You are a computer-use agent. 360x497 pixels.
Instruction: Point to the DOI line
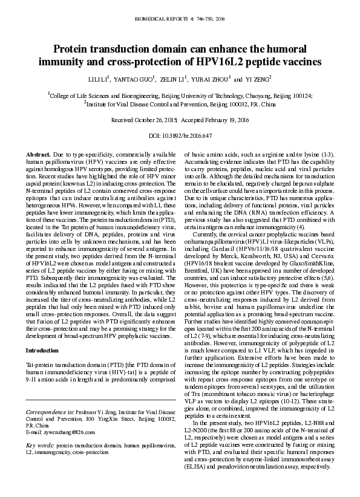(x=180, y=137)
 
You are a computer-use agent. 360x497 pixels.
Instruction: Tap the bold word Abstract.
(x=38, y=155)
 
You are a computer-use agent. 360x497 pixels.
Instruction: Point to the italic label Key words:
(x=40, y=446)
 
